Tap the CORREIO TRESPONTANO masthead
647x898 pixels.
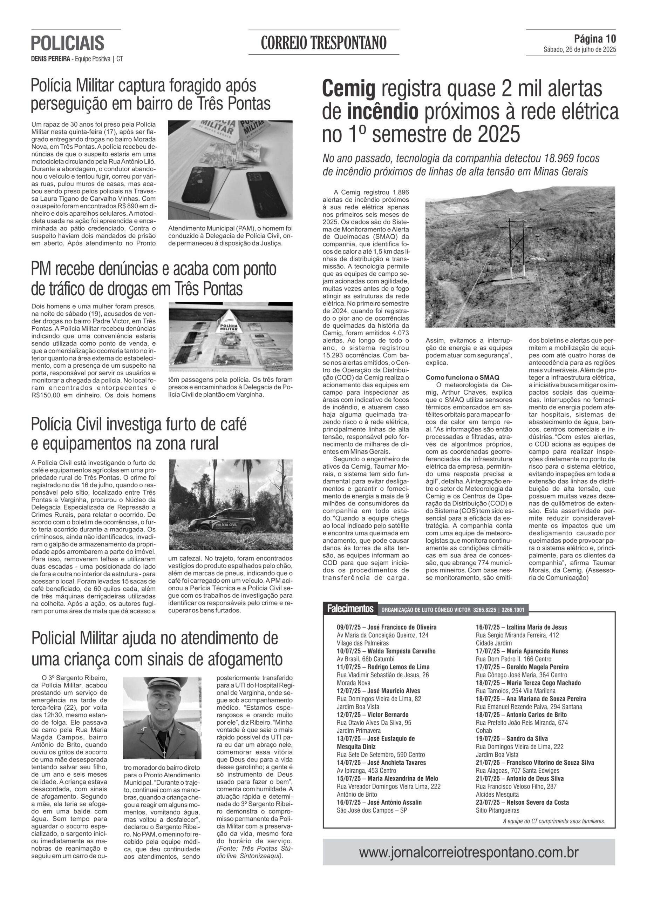pyautogui.click(x=323, y=43)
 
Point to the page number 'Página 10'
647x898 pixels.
pyautogui.click(x=595, y=39)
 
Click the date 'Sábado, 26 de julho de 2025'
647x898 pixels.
pyautogui.click(x=579, y=50)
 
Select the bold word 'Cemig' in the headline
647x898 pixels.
pyautogui.click(x=348, y=89)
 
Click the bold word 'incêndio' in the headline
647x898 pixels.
pyautogui.click(x=382, y=112)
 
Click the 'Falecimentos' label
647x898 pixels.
pyautogui.click(x=350, y=609)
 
